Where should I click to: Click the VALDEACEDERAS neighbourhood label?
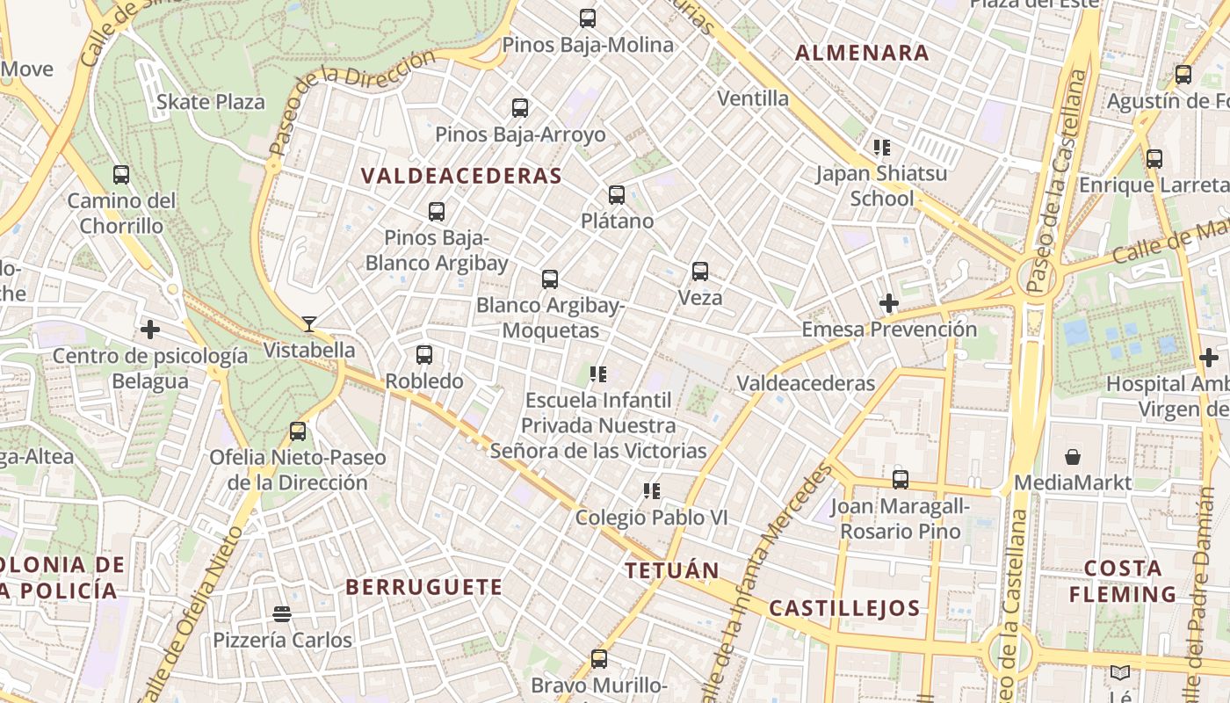[461, 176]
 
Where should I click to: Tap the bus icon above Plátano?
[617, 195]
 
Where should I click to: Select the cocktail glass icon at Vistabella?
[308, 324]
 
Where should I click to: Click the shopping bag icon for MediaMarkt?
[1073, 457]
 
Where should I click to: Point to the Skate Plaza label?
[210, 102]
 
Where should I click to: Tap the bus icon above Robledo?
[424, 355]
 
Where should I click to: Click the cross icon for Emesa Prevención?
[889, 304]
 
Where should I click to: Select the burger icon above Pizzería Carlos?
[282, 613]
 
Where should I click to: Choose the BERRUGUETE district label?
[423, 587]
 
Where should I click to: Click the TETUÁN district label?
[672, 570]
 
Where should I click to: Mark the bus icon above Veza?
[700, 272]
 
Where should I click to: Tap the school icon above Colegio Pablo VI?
[651, 491]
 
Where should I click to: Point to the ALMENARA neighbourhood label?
[862, 53]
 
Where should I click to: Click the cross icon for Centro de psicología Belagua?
[150, 330]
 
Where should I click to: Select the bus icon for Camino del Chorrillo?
[121, 175]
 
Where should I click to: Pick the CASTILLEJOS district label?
[844, 608]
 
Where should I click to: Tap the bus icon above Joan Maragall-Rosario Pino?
[901, 480]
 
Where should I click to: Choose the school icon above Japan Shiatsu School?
[881, 148]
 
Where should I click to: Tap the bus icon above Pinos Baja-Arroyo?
[520, 108]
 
